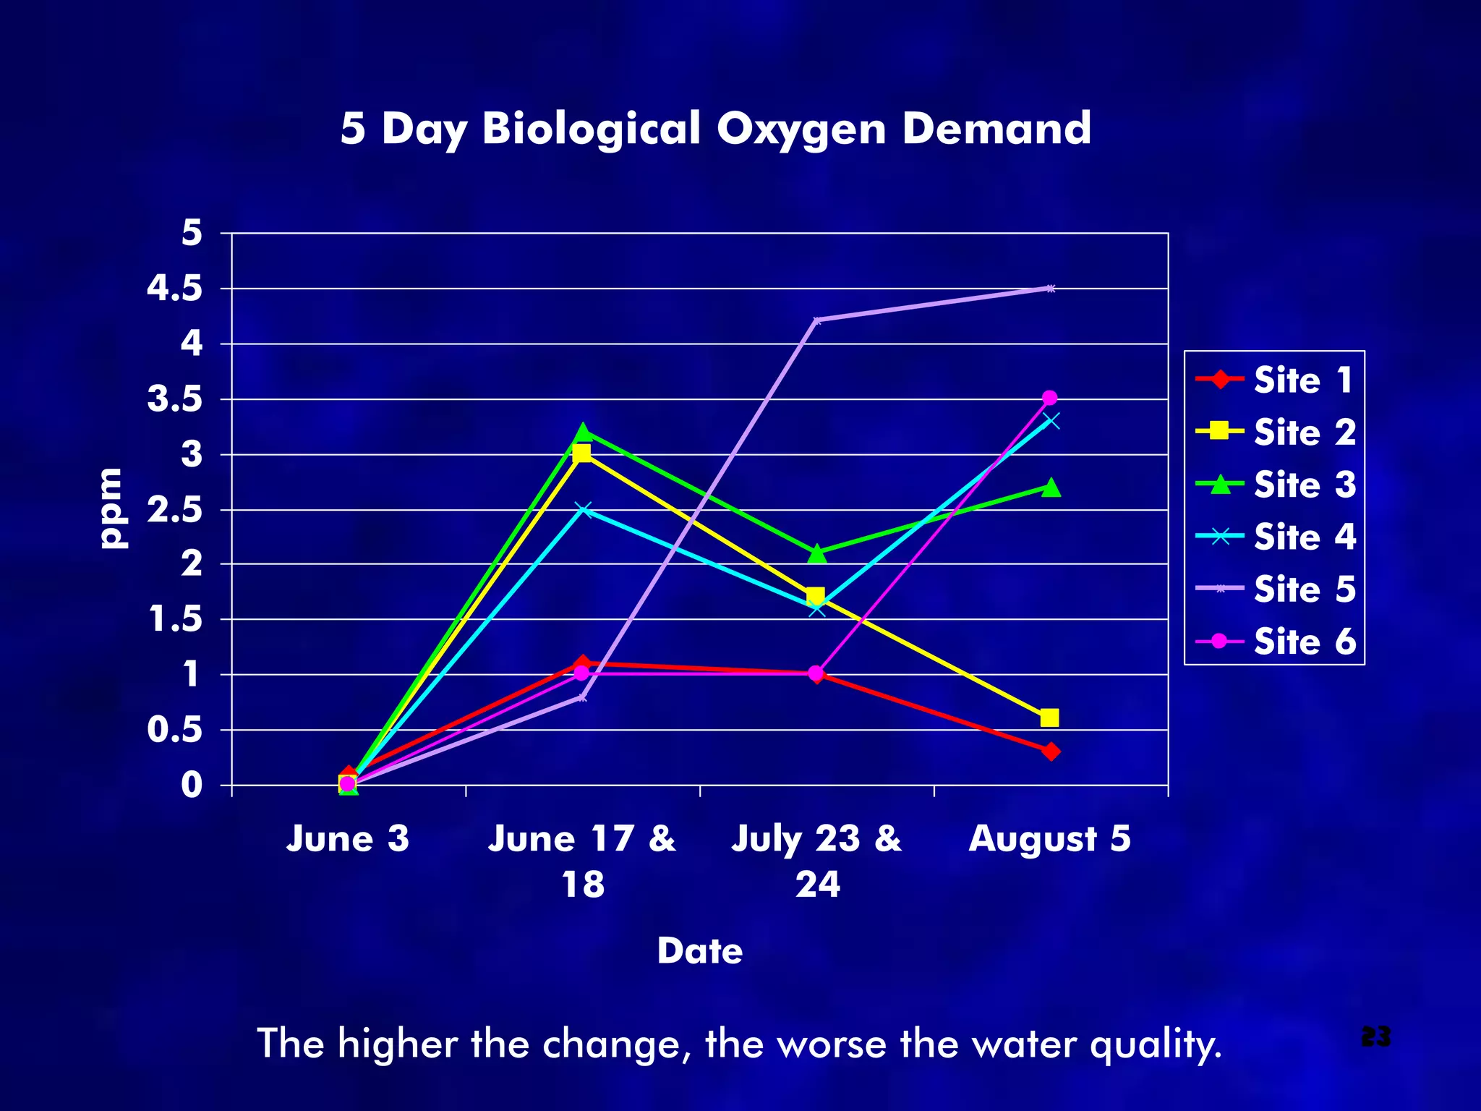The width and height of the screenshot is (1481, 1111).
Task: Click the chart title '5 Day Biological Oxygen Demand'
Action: pos(715,129)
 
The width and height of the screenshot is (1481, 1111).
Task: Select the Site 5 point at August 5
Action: pos(1051,289)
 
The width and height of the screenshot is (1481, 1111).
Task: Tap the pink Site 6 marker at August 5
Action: pos(1050,398)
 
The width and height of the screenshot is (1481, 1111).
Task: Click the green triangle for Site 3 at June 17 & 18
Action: pos(583,432)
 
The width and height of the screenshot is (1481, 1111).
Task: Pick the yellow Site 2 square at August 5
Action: pos(1050,718)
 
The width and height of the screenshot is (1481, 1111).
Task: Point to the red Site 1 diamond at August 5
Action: pos(1051,752)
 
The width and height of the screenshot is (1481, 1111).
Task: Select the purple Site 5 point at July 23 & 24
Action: pos(816,320)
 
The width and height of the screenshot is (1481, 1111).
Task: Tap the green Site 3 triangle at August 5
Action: pos(1051,488)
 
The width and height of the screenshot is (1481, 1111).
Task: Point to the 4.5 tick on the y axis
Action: pos(174,289)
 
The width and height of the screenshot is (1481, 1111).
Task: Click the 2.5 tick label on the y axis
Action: pos(174,511)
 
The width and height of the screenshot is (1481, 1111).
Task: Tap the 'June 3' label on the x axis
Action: pos(348,839)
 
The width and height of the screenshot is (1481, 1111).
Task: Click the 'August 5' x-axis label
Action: pos(1049,839)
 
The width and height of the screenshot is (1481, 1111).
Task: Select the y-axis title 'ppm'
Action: pos(114,508)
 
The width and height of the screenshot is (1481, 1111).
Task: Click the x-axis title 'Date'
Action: pos(699,950)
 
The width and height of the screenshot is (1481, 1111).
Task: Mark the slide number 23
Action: pos(1375,1036)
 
